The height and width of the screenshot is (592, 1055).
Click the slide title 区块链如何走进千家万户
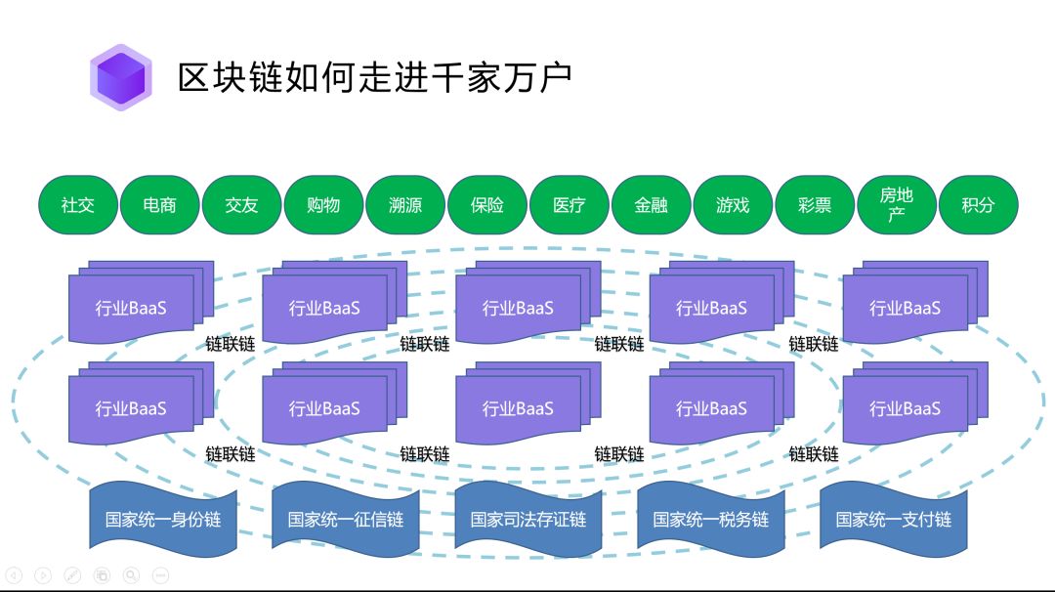click(x=374, y=77)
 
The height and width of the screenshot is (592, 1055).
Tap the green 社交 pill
click(x=78, y=205)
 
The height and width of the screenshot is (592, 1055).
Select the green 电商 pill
click(x=159, y=205)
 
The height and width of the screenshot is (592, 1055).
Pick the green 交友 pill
click(x=241, y=205)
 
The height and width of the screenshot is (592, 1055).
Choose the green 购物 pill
click(x=323, y=205)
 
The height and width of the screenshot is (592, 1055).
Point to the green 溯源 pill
click(x=405, y=205)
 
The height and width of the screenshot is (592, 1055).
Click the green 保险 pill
click(x=487, y=205)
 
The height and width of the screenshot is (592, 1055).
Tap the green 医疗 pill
click(x=570, y=205)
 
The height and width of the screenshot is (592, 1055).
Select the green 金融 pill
click(x=652, y=205)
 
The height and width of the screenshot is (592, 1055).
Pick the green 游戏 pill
click(x=733, y=205)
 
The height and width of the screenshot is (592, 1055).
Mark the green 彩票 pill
click(x=815, y=205)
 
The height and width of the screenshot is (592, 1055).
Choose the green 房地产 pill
click(x=897, y=205)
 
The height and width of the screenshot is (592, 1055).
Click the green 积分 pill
click(x=978, y=205)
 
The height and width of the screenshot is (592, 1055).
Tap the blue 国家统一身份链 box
click(x=163, y=519)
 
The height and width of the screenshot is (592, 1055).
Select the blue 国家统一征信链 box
click(x=345, y=519)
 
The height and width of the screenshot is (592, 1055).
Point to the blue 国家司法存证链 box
click(x=528, y=519)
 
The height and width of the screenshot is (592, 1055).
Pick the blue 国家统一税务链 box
click(x=710, y=519)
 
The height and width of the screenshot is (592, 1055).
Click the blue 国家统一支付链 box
click(x=893, y=519)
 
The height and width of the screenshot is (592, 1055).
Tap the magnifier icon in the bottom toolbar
click(x=131, y=575)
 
